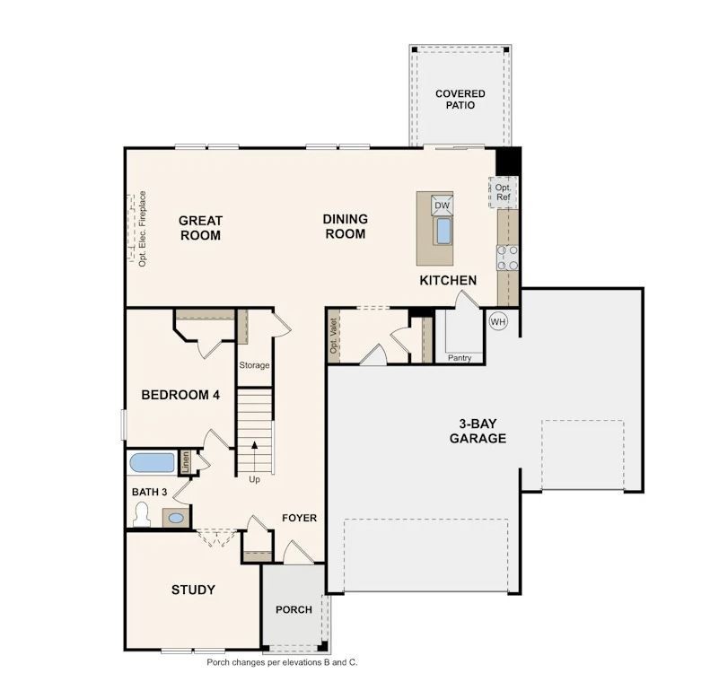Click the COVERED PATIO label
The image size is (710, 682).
coord(460,99)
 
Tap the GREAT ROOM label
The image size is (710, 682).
coord(200,227)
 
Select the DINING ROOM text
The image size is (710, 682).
coord(344,226)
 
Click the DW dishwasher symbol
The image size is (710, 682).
coord(441,205)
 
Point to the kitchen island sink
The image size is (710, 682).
coord(443,231)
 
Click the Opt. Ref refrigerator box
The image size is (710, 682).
coord(503,192)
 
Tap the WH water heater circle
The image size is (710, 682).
coord(498,321)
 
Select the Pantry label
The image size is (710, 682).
coord(460,358)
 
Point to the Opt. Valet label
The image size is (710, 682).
coord(334,336)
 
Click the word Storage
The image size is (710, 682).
coord(254,365)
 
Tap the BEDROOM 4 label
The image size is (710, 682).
coord(180,394)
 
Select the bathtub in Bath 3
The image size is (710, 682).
coord(152,463)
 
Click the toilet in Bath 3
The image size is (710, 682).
coord(140,513)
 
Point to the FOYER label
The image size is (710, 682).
coord(299,518)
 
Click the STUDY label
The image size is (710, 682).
coord(193,590)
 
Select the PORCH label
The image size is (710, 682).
coord(294,609)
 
